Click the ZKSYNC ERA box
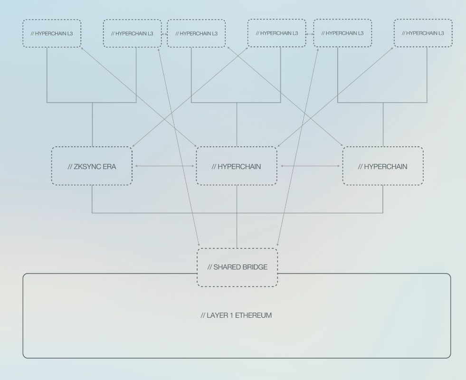tap(92, 166)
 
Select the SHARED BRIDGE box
tap(237, 267)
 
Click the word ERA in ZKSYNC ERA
tap(109, 167)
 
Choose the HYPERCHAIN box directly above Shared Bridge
tap(236, 166)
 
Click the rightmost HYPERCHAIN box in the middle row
tap(382, 166)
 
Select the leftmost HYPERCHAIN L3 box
tap(52, 33)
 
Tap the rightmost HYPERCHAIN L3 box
tap(423, 33)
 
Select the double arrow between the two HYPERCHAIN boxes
tap(310, 166)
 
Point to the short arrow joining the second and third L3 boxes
tap(164, 34)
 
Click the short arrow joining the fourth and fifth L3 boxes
tap(310, 34)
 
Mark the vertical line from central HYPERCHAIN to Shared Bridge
tap(237, 216)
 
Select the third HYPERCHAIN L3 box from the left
tap(196, 33)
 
